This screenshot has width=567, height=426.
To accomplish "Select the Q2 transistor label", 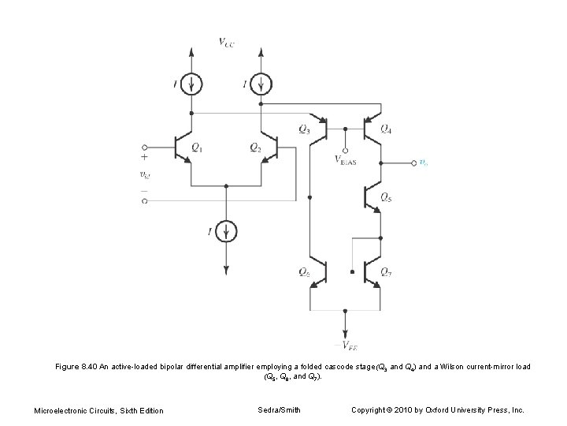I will coord(254,147).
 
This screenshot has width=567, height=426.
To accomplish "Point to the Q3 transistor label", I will coord(304,129).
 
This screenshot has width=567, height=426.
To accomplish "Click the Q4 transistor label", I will coord(386,129).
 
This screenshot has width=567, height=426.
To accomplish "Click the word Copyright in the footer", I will coord(369,409).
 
